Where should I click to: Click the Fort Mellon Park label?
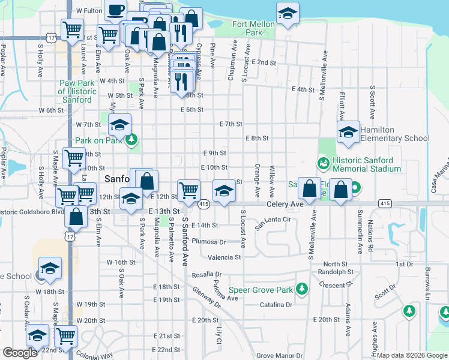(x=249, y=29)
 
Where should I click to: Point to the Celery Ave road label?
(x=286, y=204)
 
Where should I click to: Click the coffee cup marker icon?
(x=115, y=10)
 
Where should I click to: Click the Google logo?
(x=20, y=353)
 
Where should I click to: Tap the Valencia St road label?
(x=224, y=257)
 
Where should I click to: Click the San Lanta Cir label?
(x=273, y=223)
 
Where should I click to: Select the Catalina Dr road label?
(x=276, y=305)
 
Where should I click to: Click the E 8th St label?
(x=257, y=138)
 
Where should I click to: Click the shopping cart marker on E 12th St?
(x=188, y=190)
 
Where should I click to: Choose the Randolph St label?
(x=336, y=272)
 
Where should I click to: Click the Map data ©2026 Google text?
(x=412, y=355)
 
